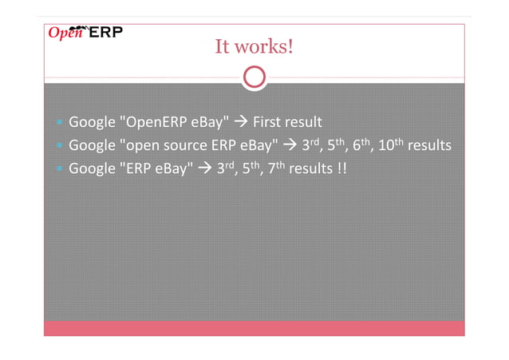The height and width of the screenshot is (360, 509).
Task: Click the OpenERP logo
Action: (x=85, y=32)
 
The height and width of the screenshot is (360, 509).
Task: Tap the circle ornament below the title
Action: (x=254, y=77)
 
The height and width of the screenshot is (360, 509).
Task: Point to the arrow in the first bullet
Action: (x=242, y=123)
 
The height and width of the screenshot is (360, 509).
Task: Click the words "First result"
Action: (x=286, y=123)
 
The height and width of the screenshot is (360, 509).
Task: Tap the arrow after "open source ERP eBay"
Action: (x=290, y=147)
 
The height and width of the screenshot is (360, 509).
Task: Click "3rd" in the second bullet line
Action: (x=310, y=146)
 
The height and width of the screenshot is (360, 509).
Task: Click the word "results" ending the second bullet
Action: (x=430, y=147)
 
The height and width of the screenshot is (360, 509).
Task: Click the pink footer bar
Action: (x=254, y=327)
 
